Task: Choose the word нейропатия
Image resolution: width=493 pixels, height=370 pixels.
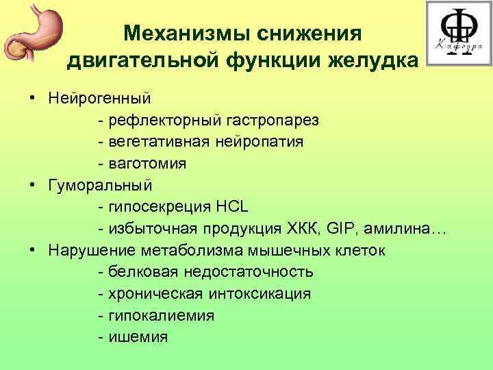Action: [261, 142]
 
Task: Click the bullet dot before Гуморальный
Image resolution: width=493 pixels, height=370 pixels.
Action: [33, 185]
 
